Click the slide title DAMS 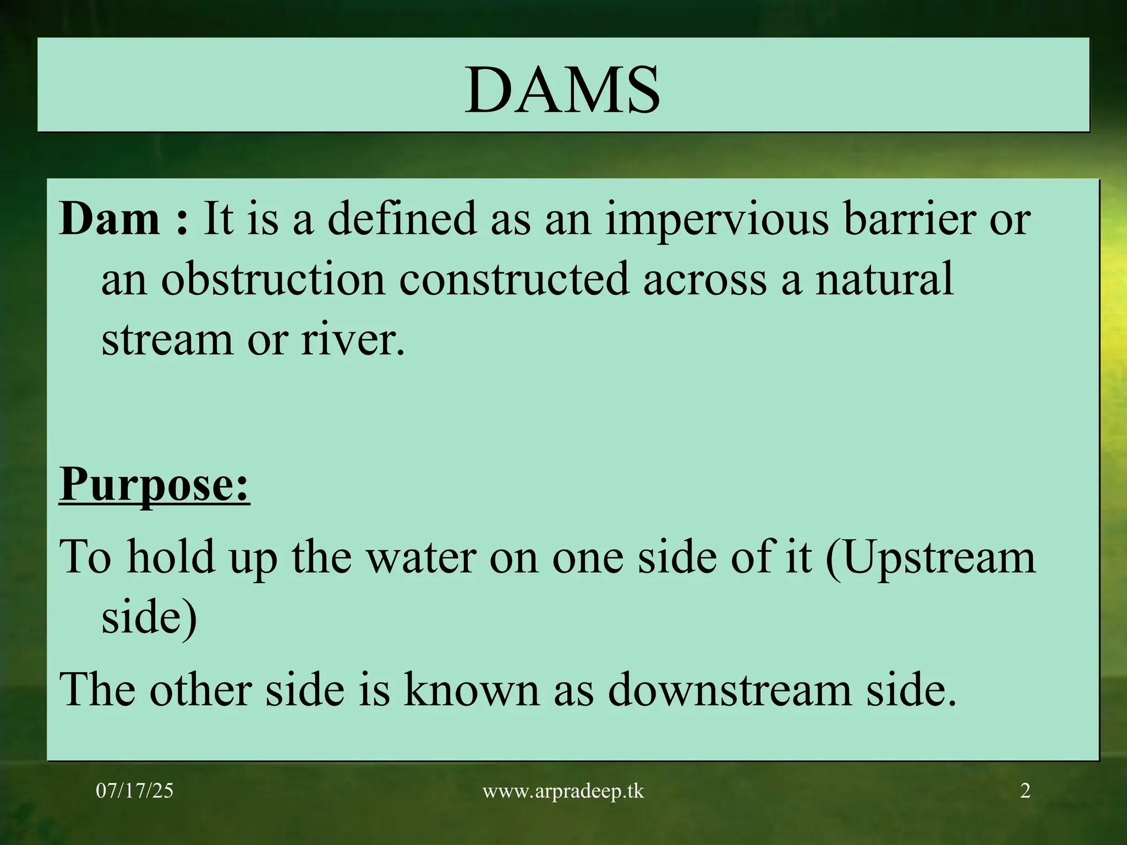click(562, 89)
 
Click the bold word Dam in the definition click(110, 219)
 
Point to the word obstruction click(272, 279)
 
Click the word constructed click(513, 279)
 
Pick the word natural click(884, 279)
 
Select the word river click(352, 339)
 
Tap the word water click(421, 558)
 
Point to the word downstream click(730, 690)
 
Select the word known click(471, 690)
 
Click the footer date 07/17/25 click(134, 791)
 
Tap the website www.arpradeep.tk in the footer click(563, 792)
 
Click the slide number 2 click(1025, 791)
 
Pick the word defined click(402, 219)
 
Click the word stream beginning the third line click(167, 339)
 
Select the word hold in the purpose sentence click(171, 558)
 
